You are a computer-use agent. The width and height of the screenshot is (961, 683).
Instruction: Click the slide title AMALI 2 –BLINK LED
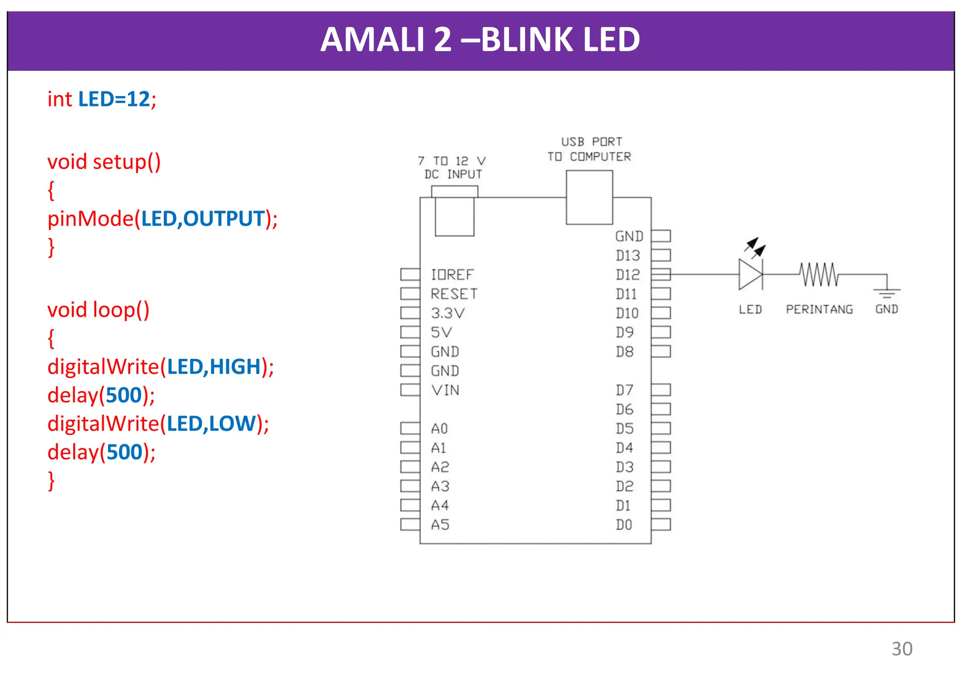480,40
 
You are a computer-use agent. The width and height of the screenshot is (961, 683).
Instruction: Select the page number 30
901,649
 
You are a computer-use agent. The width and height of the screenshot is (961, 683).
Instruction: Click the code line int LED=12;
101,99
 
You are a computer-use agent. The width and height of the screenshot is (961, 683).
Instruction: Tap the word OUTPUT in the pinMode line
224,219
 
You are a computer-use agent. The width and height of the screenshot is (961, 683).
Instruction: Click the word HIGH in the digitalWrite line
235,367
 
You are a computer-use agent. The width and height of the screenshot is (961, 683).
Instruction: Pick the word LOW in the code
232,424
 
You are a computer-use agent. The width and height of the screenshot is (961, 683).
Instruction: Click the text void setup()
104,162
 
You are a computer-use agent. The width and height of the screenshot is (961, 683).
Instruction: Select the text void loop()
98,310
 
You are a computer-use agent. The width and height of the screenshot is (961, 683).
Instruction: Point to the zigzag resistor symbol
819,274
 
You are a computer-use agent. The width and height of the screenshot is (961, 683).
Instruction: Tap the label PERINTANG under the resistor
819,310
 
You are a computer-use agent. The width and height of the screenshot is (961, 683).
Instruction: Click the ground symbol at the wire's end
886,293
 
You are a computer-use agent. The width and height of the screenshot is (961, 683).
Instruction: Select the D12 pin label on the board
628,275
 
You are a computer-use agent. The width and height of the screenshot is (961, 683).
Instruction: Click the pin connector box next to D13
661,255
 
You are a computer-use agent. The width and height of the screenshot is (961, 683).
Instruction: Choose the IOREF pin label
452,275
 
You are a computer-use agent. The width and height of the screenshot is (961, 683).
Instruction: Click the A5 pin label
440,525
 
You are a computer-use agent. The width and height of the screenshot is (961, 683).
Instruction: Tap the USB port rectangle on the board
589,197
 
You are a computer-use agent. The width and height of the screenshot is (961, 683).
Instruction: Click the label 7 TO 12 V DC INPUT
452,168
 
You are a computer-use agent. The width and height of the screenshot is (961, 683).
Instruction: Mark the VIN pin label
445,390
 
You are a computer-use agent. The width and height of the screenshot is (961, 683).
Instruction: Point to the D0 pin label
624,525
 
